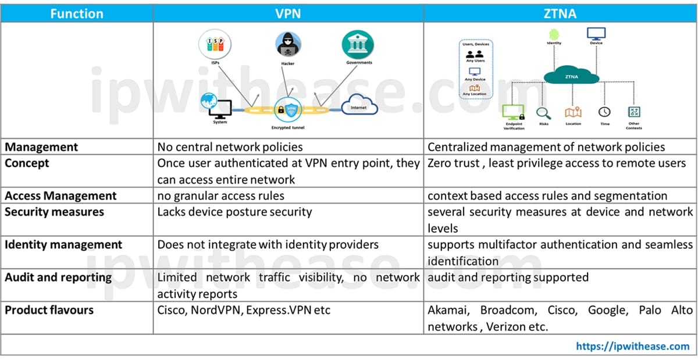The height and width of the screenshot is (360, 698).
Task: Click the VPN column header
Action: click(288, 13)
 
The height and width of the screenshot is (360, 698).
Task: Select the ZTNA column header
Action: click(560, 13)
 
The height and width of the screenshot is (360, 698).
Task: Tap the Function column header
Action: click(77, 13)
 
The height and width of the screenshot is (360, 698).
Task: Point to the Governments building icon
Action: click(358, 44)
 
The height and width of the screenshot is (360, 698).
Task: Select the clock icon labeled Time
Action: click(604, 112)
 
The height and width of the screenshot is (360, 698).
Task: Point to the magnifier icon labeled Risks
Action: click(543, 113)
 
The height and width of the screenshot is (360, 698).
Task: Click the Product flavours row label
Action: click(49, 311)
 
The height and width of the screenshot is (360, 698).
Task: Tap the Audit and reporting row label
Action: click(58, 277)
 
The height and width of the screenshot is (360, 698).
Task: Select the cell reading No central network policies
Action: click(230, 147)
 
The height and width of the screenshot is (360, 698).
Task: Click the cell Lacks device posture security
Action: click(234, 212)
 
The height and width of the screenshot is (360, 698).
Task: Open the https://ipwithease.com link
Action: click(632, 346)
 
